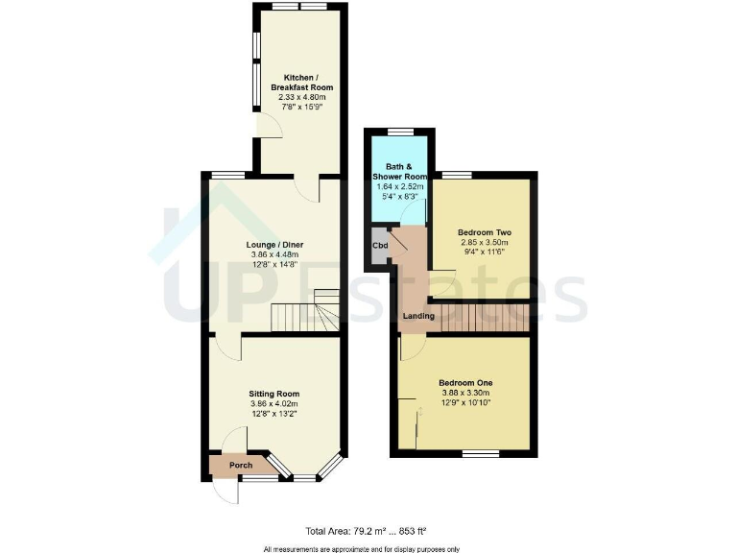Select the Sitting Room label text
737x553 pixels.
pyautogui.click(x=274, y=394)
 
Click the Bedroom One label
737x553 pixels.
pyautogui.click(x=465, y=381)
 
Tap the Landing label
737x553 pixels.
pyautogui.click(x=418, y=316)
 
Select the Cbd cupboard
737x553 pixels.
pyautogui.click(x=379, y=246)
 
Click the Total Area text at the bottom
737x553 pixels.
pyautogui.click(x=365, y=530)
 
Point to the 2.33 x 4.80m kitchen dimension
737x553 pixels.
pyautogui.click(x=302, y=97)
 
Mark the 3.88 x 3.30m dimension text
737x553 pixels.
pyautogui.click(x=465, y=393)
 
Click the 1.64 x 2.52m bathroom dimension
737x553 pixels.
pyautogui.click(x=399, y=187)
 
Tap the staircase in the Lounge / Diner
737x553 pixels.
pyautogui.click(x=305, y=313)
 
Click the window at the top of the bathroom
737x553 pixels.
pyautogui.click(x=399, y=131)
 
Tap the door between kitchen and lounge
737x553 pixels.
pyautogui.click(x=306, y=185)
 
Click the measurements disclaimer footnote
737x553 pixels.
pyautogui.click(x=362, y=548)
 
